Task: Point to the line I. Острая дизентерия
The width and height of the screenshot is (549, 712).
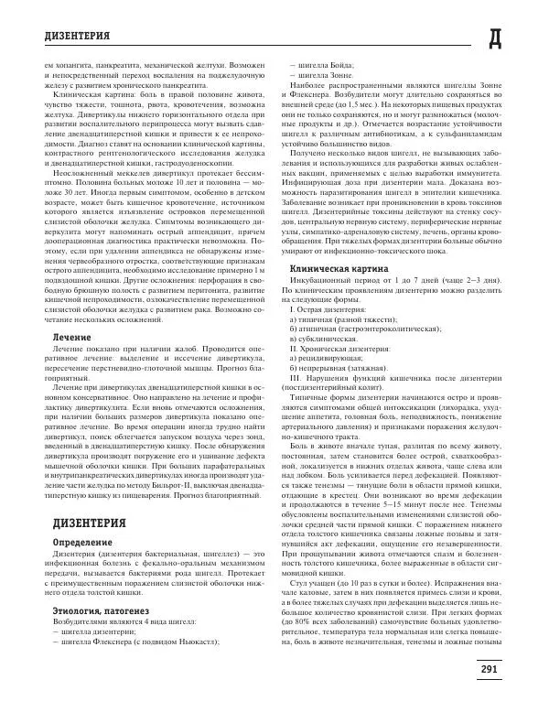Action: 318,309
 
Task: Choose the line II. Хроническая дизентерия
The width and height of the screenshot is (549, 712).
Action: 327,350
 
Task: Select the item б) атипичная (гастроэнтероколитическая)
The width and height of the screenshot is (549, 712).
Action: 351,329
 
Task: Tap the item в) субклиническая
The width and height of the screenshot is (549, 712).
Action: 323,340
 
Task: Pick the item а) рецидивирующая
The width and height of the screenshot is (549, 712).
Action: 326,360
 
